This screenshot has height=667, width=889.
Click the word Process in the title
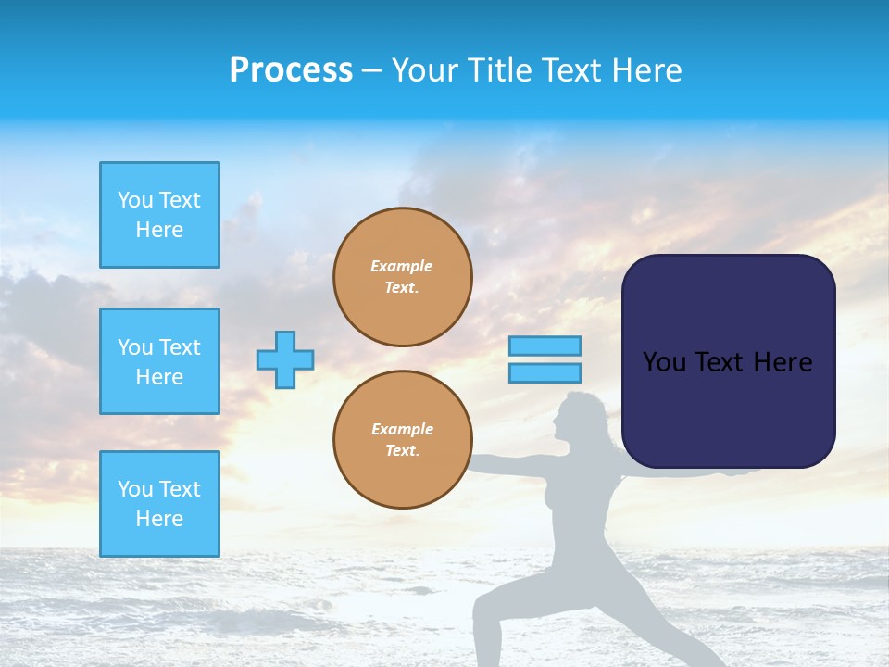point(291,70)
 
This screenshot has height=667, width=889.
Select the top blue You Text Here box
point(159,215)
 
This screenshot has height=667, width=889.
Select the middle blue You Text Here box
point(159,361)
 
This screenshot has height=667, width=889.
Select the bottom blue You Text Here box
point(159,504)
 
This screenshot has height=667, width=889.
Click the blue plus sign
point(285,359)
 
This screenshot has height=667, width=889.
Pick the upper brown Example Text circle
point(403,277)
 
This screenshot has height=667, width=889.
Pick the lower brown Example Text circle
point(403,440)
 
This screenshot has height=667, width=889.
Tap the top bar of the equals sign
point(545,346)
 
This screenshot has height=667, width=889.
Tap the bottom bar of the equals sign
point(545,372)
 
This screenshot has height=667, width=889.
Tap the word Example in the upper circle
point(402,266)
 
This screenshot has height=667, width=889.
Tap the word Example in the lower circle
point(402,429)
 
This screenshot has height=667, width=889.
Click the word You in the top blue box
point(134,200)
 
